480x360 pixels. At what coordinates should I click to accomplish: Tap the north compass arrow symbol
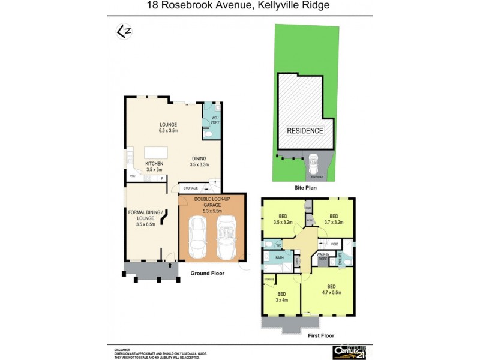122,31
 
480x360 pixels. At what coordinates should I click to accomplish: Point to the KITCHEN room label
154,166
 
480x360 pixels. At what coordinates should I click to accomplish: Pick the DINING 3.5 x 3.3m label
199,161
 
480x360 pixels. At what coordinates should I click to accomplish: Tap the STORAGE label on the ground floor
191,188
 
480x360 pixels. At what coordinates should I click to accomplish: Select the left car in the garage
197,236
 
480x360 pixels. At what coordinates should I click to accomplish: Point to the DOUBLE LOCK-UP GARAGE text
212,205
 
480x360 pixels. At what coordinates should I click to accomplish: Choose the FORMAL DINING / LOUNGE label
146,217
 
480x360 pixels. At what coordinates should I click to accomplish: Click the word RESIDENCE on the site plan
305,131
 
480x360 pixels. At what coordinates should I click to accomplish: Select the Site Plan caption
305,188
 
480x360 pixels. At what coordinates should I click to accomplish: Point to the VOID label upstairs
334,244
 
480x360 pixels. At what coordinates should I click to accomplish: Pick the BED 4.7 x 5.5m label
331,289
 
